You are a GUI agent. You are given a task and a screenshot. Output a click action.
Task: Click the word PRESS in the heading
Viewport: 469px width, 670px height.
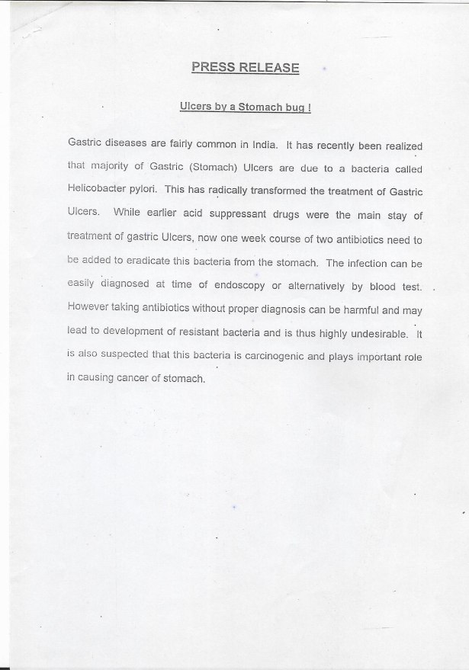214,67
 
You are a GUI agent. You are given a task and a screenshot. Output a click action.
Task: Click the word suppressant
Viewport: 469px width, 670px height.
237,216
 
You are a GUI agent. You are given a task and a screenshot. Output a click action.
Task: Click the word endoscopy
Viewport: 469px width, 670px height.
239,287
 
